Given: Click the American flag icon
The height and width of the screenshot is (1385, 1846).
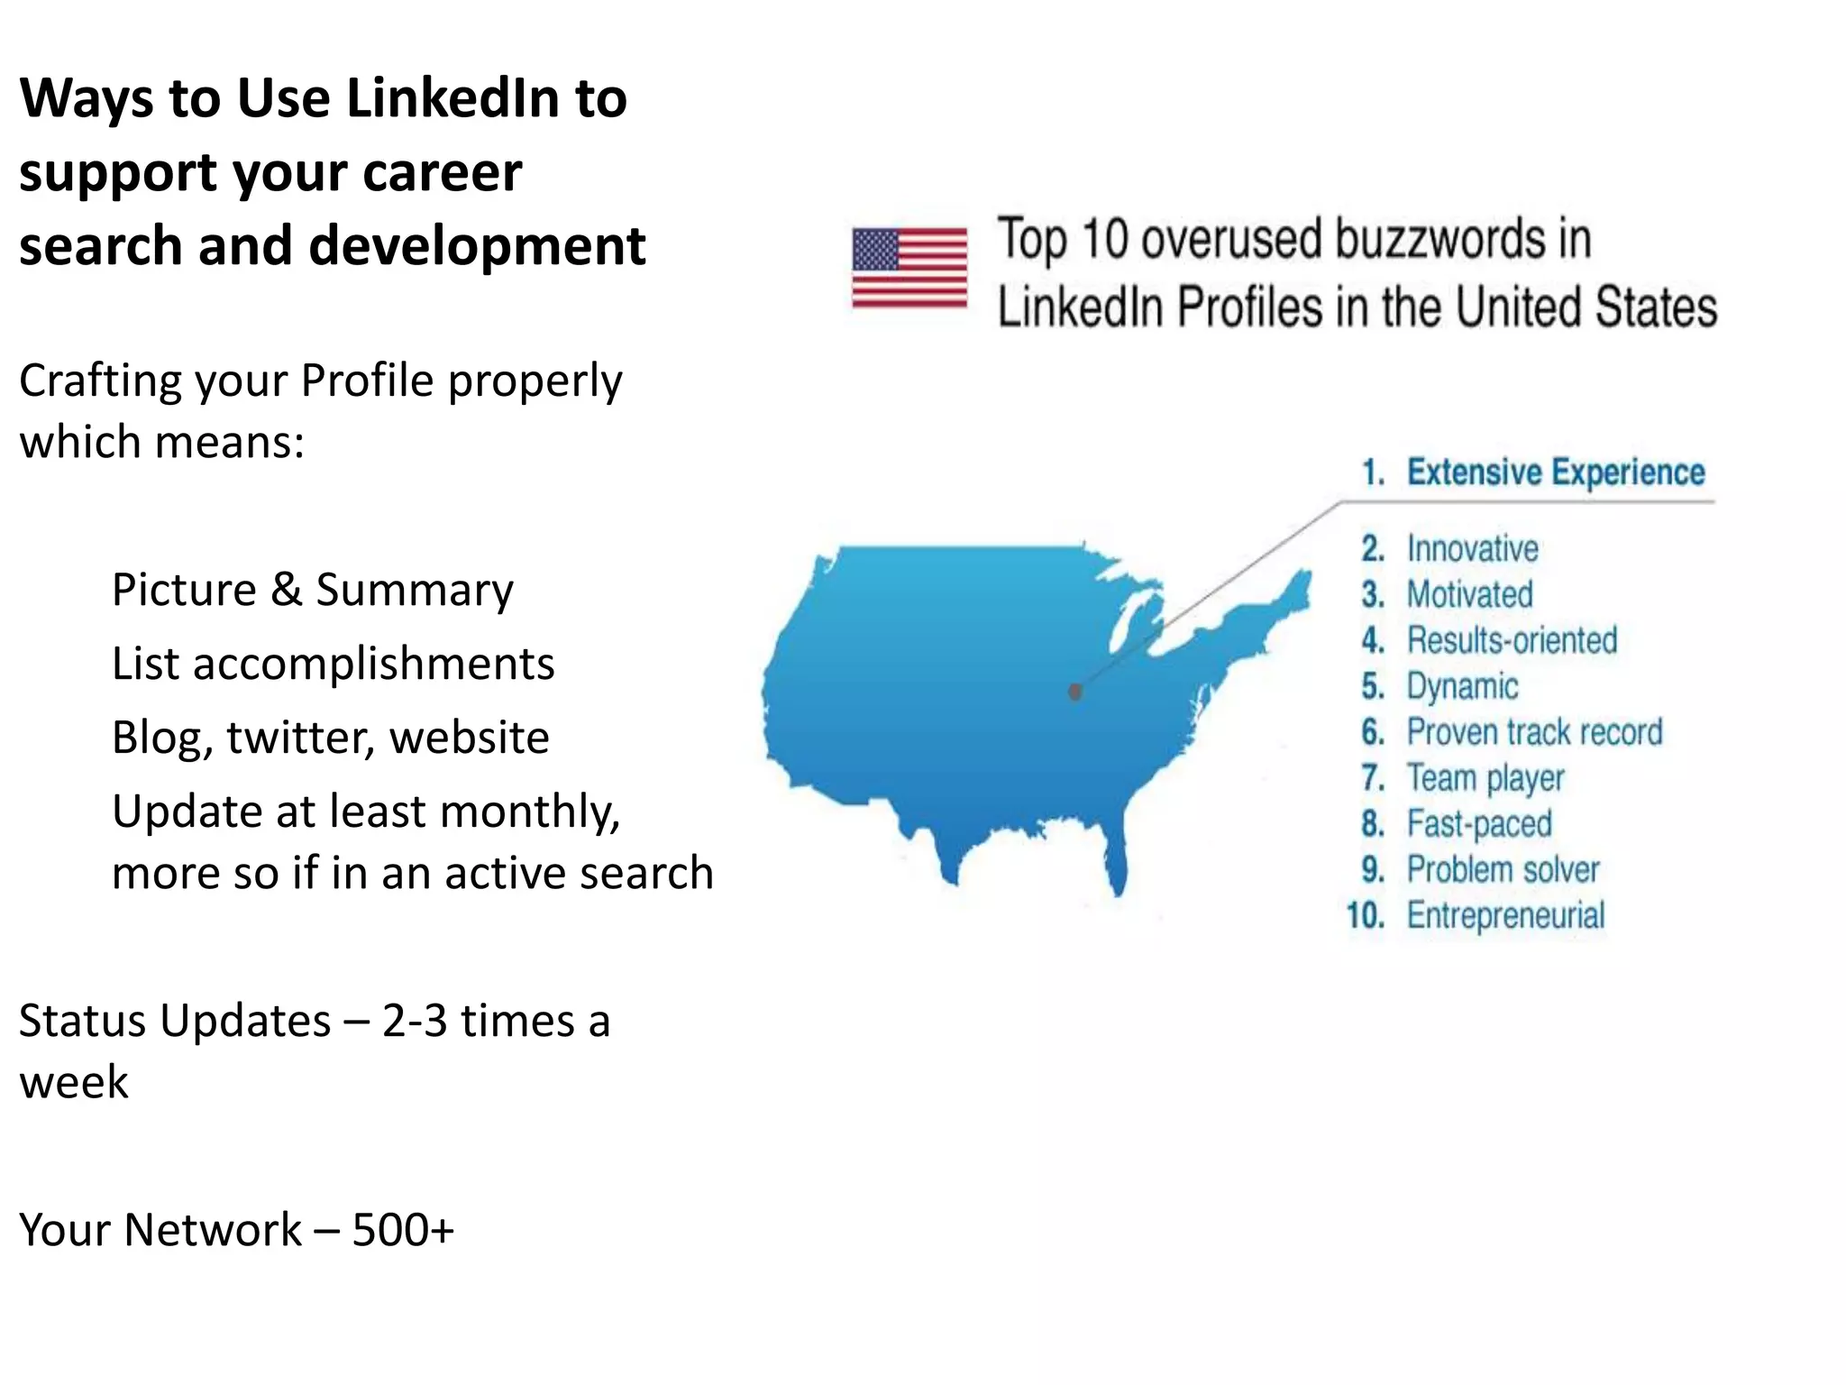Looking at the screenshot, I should point(909,268).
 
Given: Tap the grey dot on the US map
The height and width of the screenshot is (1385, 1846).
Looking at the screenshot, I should point(1074,692).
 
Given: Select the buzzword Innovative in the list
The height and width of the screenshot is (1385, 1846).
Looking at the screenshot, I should point(1472,548).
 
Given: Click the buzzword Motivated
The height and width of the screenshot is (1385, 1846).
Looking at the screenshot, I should point(1469,594).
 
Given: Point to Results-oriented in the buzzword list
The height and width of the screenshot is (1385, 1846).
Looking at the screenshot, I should point(1512,640).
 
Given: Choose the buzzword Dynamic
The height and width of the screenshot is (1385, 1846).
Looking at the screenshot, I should point(1462,686).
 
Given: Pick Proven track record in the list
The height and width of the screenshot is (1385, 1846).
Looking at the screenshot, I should point(1534,732).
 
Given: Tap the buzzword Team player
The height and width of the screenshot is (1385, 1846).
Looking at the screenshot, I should point(1485,778).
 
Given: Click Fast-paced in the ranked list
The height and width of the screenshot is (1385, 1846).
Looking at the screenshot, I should point(1479,824).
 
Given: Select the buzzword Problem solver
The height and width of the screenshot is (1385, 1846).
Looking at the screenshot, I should point(1503,870).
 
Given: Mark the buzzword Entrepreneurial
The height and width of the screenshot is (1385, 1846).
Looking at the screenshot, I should point(1505,916).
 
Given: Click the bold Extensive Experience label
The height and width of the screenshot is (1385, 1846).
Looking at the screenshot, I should point(1556,472).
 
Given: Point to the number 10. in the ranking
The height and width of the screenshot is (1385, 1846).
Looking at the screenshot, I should point(1366,916).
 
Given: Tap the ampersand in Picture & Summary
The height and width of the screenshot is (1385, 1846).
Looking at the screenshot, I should point(286,590).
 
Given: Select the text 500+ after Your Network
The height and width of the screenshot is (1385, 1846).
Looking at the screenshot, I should point(403,1230).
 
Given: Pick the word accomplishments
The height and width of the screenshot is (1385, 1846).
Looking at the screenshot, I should point(373,665).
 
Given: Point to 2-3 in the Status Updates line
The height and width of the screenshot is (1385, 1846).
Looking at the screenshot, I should point(414,1022).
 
